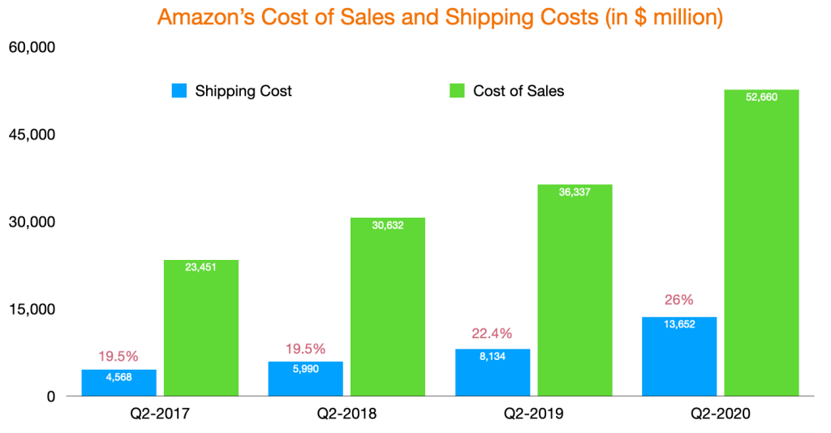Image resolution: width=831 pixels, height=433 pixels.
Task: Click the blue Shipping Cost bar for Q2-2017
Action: (118, 383)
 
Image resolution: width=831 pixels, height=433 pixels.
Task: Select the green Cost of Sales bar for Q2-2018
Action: (387, 309)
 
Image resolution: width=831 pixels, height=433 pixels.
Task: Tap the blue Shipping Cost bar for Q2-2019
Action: (493, 374)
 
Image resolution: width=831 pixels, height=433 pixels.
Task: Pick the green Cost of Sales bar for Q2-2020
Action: (761, 244)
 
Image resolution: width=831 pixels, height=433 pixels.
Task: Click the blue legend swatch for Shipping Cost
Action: (179, 91)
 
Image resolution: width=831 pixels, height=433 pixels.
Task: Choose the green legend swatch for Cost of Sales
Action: (457, 91)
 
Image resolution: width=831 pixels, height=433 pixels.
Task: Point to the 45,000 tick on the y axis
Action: (31, 135)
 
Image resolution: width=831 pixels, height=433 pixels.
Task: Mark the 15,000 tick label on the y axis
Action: (31, 310)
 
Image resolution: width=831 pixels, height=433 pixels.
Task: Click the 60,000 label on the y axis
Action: (31, 48)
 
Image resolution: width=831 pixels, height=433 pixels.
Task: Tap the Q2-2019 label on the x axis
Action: (532, 414)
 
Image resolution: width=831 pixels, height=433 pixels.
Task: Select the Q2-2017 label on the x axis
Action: (159, 414)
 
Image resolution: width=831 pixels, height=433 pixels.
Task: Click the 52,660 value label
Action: (761, 97)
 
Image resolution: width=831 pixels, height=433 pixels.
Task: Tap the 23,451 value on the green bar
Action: (200, 268)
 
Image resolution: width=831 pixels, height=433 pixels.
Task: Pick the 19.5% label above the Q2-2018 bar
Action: (305, 349)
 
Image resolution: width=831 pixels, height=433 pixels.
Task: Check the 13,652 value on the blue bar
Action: (679, 325)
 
